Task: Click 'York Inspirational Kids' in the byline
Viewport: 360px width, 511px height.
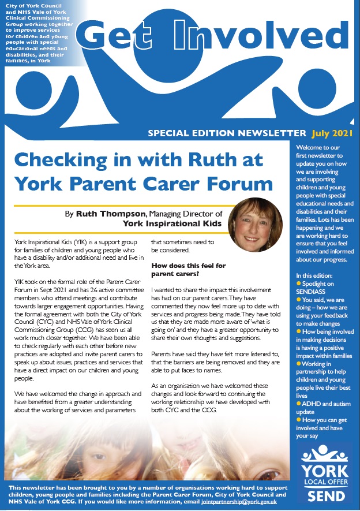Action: [168, 223]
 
